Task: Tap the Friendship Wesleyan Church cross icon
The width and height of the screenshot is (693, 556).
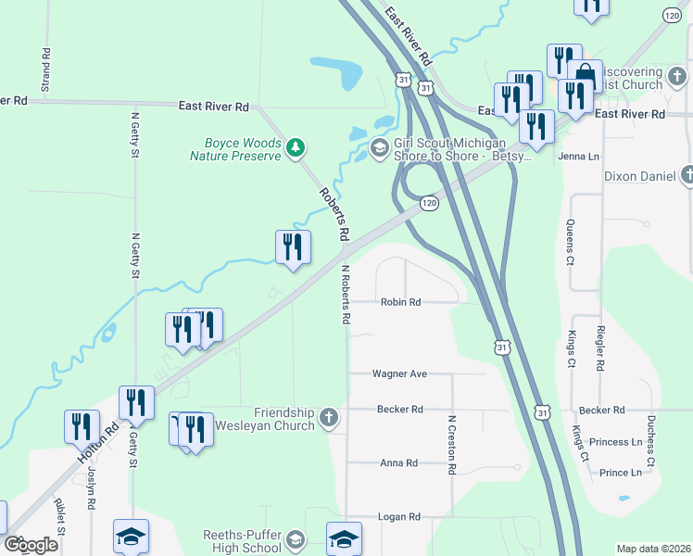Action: [328, 419]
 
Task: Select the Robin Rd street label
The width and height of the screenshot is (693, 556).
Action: [400, 302]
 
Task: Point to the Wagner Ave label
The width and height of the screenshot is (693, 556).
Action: [399, 374]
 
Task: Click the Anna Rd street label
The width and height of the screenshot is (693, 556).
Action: [399, 463]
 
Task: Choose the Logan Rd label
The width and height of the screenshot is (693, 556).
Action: [399, 516]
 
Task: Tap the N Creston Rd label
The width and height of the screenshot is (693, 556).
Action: [451, 446]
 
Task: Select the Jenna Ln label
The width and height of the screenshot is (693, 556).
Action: [578, 157]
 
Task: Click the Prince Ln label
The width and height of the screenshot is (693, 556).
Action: [621, 473]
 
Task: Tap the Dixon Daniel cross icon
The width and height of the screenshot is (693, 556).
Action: [687, 174]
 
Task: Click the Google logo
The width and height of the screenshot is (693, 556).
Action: [30, 545]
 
